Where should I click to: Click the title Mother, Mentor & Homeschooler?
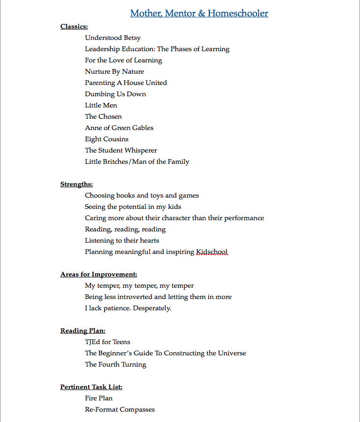coord(199,13)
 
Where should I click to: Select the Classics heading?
coord(74,27)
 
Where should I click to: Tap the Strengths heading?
coord(77,184)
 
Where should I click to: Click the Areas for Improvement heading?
coord(99,275)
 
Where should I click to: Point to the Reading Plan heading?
coord(83,331)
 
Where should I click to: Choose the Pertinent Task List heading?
coord(91,387)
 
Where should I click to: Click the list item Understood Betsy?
coord(113,38)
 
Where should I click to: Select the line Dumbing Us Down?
coord(115,94)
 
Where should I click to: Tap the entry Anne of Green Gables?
coord(119,128)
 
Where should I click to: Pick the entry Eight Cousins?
coord(107,139)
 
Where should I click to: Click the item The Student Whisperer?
coord(121,151)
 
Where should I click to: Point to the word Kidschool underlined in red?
coord(212,252)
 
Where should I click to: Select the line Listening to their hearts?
coord(122,241)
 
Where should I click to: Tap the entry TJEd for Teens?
coord(107,342)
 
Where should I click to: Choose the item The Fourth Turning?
coord(115,365)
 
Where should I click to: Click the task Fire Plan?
coord(99,399)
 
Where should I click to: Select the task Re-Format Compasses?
coord(120,410)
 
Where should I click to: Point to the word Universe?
coord(230,353)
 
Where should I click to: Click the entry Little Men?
coord(101,106)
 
